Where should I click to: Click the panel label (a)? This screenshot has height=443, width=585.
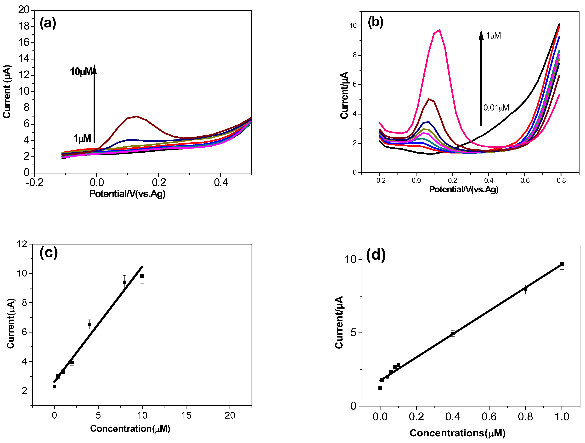pyautogui.click(x=48, y=23)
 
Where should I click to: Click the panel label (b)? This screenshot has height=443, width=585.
pyautogui.click(x=376, y=22)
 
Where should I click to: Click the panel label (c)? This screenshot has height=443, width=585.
pyautogui.click(x=48, y=253)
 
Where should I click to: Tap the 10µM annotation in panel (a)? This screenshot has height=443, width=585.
pyautogui.click(x=81, y=71)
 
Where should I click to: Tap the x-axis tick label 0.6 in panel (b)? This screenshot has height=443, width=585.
pyautogui.click(x=525, y=181)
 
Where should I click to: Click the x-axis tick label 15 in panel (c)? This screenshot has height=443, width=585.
pyautogui.click(x=186, y=415)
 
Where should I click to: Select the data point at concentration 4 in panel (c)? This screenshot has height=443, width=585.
pyautogui.click(x=89, y=324)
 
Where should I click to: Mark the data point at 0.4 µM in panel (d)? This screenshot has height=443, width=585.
pyautogui.click(x=453, y=334)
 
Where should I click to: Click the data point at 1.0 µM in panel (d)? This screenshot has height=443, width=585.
pyautogui.click(x=562, y=264)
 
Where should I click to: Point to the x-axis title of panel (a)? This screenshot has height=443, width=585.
pyautogui.click(x=127, y=194)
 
